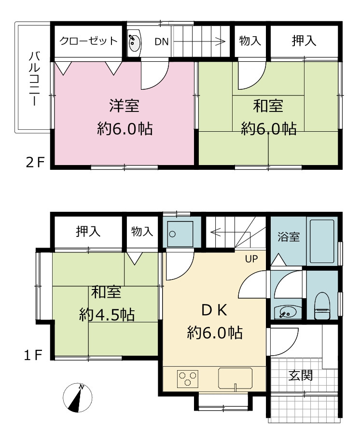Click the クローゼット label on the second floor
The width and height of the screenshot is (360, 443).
click(88, 41)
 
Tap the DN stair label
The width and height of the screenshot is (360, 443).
click(161, 42)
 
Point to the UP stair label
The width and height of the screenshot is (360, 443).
click(251, 259)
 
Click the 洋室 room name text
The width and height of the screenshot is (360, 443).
click(125, 106)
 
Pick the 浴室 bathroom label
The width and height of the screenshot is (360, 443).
click(289, 237)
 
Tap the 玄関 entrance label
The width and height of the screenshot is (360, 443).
click(300, 375)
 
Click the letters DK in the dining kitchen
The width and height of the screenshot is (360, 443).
click(214, 310)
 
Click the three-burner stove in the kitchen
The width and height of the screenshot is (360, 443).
click(188, 379)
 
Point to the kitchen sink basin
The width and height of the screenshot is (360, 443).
click(235, 378)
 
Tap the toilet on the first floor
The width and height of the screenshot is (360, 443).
click(322, 305)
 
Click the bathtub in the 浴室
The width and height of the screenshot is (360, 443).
click(322, 241)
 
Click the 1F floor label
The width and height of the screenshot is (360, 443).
click(33, 355)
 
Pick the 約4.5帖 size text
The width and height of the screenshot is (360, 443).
click(107, 314)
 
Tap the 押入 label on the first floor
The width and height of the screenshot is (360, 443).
click(88, 231)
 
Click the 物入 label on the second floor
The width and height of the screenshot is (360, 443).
click(250, 41)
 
